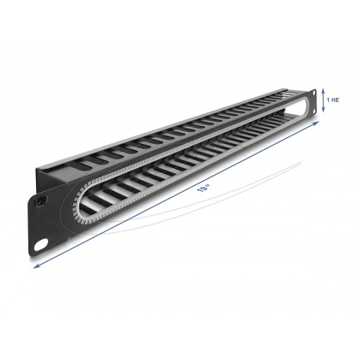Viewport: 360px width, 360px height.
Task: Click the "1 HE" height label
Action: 333,100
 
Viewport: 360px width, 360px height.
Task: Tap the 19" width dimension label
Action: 203,188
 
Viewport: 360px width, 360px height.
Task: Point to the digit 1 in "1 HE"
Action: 328,100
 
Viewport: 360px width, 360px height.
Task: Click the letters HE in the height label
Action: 335,100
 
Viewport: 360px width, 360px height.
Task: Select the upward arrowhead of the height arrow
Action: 323,90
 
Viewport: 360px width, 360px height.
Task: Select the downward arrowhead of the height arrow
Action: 323,110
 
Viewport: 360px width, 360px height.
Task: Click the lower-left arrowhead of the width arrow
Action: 36,266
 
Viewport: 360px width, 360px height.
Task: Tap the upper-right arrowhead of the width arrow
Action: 317,123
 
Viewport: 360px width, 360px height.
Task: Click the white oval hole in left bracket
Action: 41,245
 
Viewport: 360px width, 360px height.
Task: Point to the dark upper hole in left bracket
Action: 41,201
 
